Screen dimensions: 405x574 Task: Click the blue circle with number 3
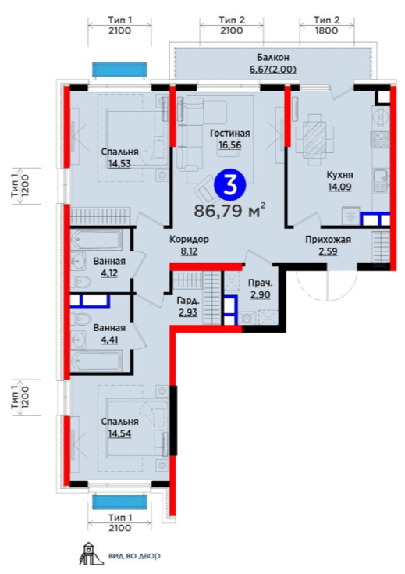tap(230, 185)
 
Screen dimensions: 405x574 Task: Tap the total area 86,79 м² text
tap(229, 211)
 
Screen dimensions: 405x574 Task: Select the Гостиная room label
tap(229, 134)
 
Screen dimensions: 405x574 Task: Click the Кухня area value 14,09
tap(339, 187)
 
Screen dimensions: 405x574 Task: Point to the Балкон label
tap(272, 58)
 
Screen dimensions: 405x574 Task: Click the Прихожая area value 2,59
tap(328, 251)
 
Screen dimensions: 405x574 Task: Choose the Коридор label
tap(189, 240)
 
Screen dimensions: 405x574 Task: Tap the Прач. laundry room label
tap(261, 283)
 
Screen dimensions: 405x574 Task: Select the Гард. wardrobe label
tap(188, 301)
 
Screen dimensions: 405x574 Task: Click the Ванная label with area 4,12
tap(109, 262)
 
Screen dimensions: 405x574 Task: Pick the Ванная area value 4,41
tap(109, 340)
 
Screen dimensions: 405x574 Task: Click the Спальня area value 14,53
tap(119, 163)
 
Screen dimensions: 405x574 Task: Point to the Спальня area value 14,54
tap(119, 433)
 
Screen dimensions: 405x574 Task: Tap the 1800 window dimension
tap(326, 30)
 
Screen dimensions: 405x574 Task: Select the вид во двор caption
tap(134, 556)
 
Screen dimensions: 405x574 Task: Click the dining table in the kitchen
tap(314, 134)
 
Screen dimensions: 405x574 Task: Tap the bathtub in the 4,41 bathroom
tap(98, 361)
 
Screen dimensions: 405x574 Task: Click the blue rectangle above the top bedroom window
tap(119, 70)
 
